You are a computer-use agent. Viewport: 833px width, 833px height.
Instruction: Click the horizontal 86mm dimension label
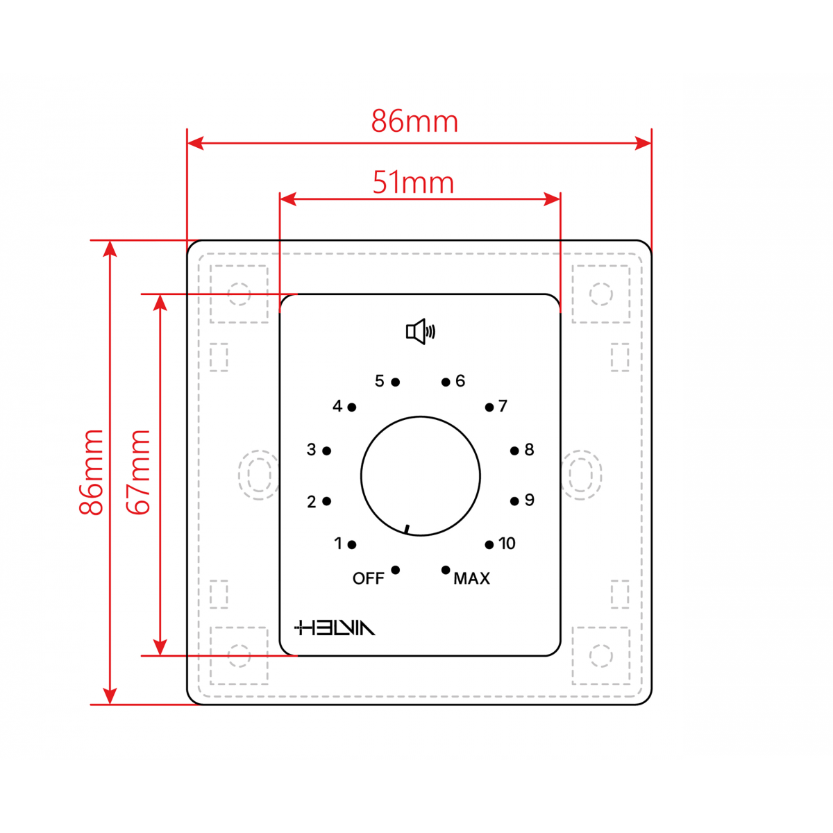(x=414, y=121)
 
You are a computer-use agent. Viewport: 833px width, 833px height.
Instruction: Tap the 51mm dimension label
(x=413, y=183)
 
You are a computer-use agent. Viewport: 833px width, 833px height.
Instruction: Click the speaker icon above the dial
(x=420, y=332)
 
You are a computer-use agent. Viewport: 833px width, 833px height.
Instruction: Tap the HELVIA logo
(x=335, y=628)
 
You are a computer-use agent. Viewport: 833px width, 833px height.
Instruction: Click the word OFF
(x=369, y=578)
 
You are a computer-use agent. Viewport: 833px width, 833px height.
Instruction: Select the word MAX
(x=471, y=578)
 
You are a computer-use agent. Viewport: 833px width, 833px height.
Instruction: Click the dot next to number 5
(x=395, y=382)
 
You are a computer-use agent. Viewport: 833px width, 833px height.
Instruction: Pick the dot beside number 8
(x=514, y=451)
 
